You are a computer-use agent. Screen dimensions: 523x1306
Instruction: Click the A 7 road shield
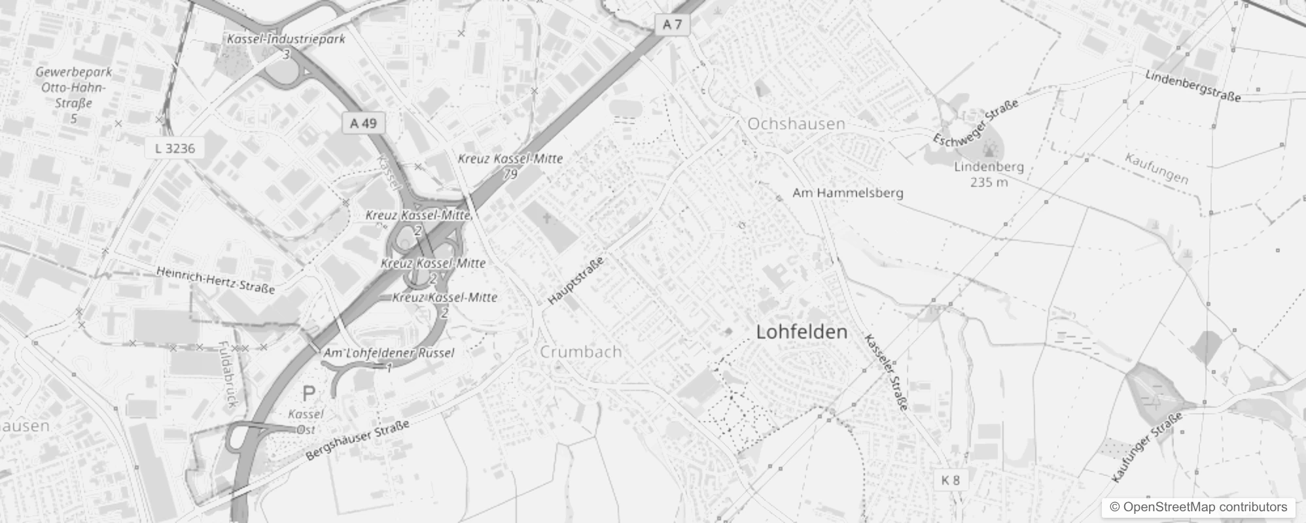click(x=672, y=25)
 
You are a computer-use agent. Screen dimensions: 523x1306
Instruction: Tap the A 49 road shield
click(x=363, y=123)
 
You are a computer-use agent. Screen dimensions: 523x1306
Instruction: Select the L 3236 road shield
click(x=175, y=148)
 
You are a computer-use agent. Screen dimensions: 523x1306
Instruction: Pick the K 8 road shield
click(x=950, y=481)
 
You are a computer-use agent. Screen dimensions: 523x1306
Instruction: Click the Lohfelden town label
click(x=802, y=332)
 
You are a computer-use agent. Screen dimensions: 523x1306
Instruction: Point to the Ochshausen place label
click(x=796, y=124)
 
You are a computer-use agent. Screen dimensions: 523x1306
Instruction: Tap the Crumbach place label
click(x=580, y=352)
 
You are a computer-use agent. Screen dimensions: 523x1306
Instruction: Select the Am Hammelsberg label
click(x=847, y=193)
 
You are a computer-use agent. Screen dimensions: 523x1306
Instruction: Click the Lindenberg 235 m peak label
click(x=988, y=174)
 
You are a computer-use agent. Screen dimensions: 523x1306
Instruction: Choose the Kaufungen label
click(x=1156, y=169)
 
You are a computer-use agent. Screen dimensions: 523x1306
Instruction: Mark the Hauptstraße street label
click(x=576, y=280)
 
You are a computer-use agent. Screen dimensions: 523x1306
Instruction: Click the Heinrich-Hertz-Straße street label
click(x=215, y=280)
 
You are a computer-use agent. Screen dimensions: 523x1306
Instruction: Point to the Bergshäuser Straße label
click(x=358, y=440)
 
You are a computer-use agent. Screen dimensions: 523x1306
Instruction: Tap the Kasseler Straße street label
click(x=887, y=372)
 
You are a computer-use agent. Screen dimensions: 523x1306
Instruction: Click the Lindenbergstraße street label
click(x=1192, y=86)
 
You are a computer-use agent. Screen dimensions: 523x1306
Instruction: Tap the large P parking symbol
click(x=308, y=394)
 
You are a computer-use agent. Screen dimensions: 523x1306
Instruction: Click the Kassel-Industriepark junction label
click(x=286, y=39)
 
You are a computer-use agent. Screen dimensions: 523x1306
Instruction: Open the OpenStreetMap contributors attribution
click(x=1197, y=507)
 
